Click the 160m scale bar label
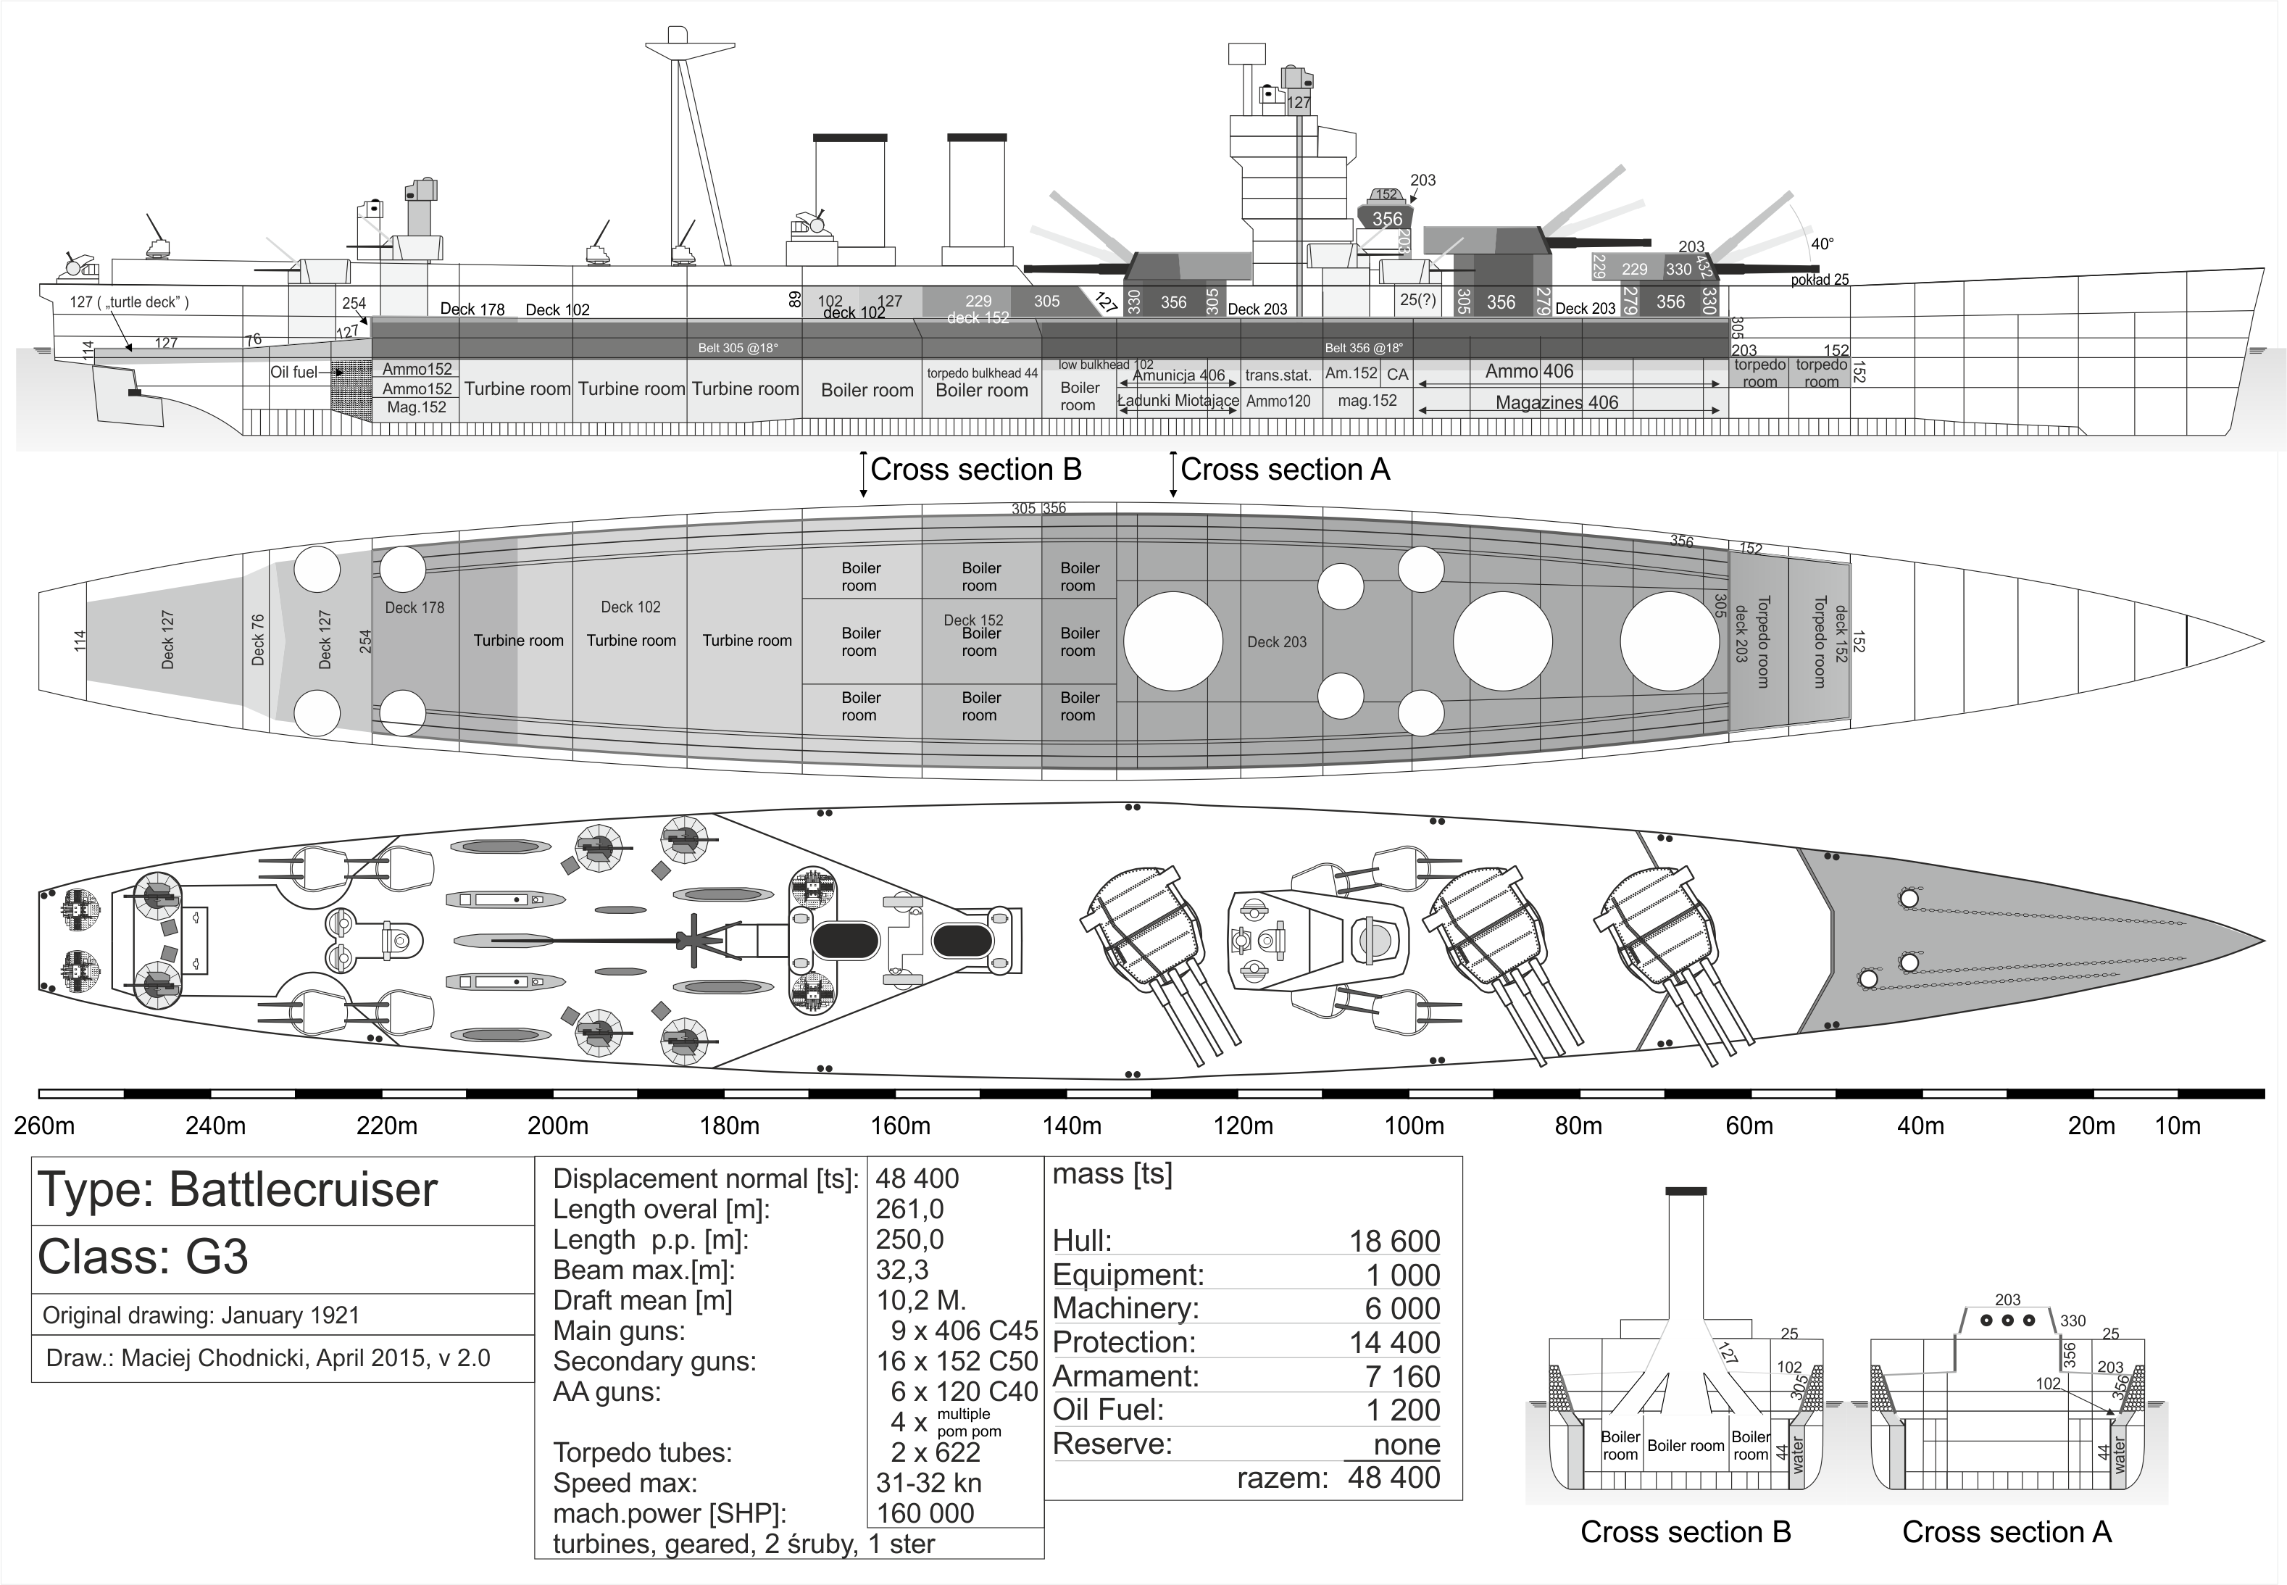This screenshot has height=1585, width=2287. (900, 1126)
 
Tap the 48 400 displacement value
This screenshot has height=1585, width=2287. (917, 1179)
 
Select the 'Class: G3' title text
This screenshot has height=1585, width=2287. (143, 1257)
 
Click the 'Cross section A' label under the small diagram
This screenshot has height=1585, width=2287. (2006, 1532)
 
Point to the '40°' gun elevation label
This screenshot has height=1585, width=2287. (1822, 244)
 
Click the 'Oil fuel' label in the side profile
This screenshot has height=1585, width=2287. (294, 373)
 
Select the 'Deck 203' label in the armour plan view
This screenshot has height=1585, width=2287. (1277, 643)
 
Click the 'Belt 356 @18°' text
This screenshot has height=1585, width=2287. (1364, 349)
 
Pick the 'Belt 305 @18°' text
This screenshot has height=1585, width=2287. (737, 349)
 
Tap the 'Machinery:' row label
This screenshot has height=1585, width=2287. (1125, 1309)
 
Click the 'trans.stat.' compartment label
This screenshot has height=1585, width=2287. (1278, 375)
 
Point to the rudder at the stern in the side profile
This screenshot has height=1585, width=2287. (129, 394)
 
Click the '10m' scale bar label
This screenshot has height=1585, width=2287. (2177, 1126)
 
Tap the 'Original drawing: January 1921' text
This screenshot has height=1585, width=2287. (201, 1316)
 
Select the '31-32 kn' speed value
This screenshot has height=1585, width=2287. (928, 1483)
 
